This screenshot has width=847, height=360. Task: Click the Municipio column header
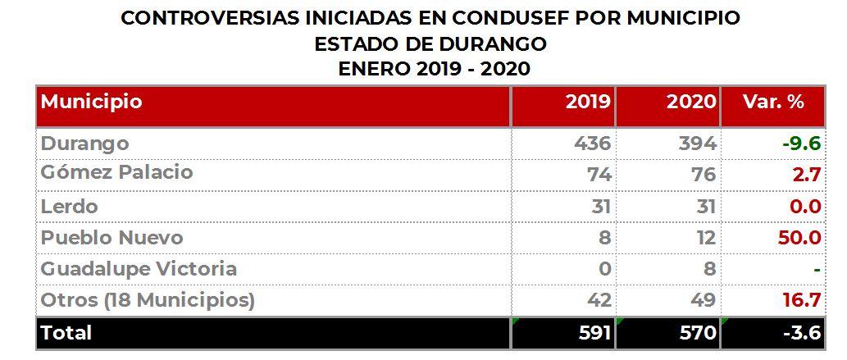[91, 102]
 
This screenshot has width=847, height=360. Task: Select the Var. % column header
[773, 102]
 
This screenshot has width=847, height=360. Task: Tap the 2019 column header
[588, 102]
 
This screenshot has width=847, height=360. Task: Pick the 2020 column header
[691, 102]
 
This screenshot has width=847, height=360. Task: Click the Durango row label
[84, 144]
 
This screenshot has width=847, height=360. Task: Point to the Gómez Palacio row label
[116, 173]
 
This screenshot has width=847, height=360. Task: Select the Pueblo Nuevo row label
[112, 238]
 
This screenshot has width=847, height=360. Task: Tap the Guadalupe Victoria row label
[139, 269]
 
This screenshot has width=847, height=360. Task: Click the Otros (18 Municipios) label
[148, 300]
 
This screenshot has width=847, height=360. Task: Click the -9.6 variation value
[802, 144]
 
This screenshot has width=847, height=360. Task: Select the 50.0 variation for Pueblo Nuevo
[799, 238]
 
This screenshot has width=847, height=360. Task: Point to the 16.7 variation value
[802, 300]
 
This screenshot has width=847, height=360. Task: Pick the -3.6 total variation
[802, 332]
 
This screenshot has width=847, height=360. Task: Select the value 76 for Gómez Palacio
[704, 175]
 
